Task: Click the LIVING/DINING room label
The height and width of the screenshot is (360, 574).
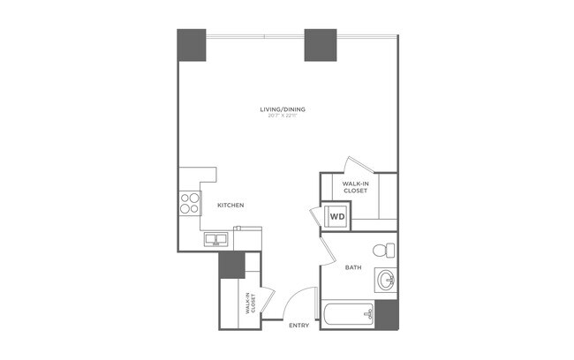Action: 288,109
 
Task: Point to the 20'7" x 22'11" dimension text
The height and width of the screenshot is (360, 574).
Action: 288,116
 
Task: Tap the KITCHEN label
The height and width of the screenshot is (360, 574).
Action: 230,206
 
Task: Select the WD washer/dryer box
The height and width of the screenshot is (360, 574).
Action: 337,215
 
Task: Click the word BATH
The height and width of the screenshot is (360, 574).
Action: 353,267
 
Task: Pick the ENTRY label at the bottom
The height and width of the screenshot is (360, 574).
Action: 299,326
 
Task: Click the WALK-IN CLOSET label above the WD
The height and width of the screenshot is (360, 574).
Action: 356,187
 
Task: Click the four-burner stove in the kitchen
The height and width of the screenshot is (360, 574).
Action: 190,203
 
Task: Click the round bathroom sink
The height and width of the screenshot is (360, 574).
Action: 386,281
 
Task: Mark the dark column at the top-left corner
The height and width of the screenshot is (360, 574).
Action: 192,45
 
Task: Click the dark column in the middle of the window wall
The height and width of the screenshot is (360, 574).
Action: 321,45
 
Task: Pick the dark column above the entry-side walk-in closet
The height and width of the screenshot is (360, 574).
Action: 231,264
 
